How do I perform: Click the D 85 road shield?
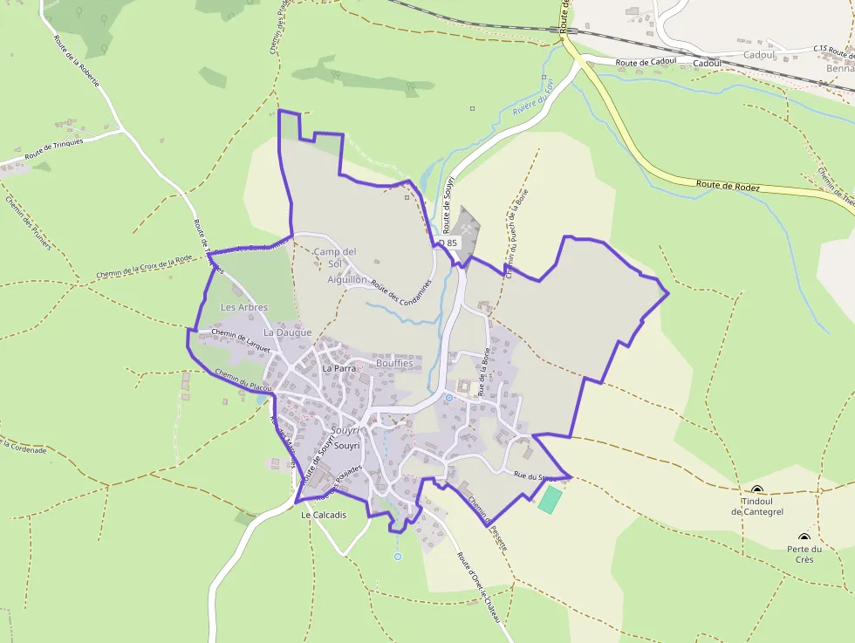click(448, 243)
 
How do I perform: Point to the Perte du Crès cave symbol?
click(804, 537)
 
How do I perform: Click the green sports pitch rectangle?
click(550, 499)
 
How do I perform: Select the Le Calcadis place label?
click(323, 515)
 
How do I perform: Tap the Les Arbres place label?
click(244, 307)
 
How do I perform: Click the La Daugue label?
click(287, 332)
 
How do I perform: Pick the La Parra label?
click(339, 368)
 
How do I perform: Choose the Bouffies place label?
click(393, 363)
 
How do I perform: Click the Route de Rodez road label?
click(728, 186)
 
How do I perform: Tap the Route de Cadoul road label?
click(646, 63)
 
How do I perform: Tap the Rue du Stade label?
click(535, 476)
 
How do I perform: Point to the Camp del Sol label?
click(336, 258)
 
